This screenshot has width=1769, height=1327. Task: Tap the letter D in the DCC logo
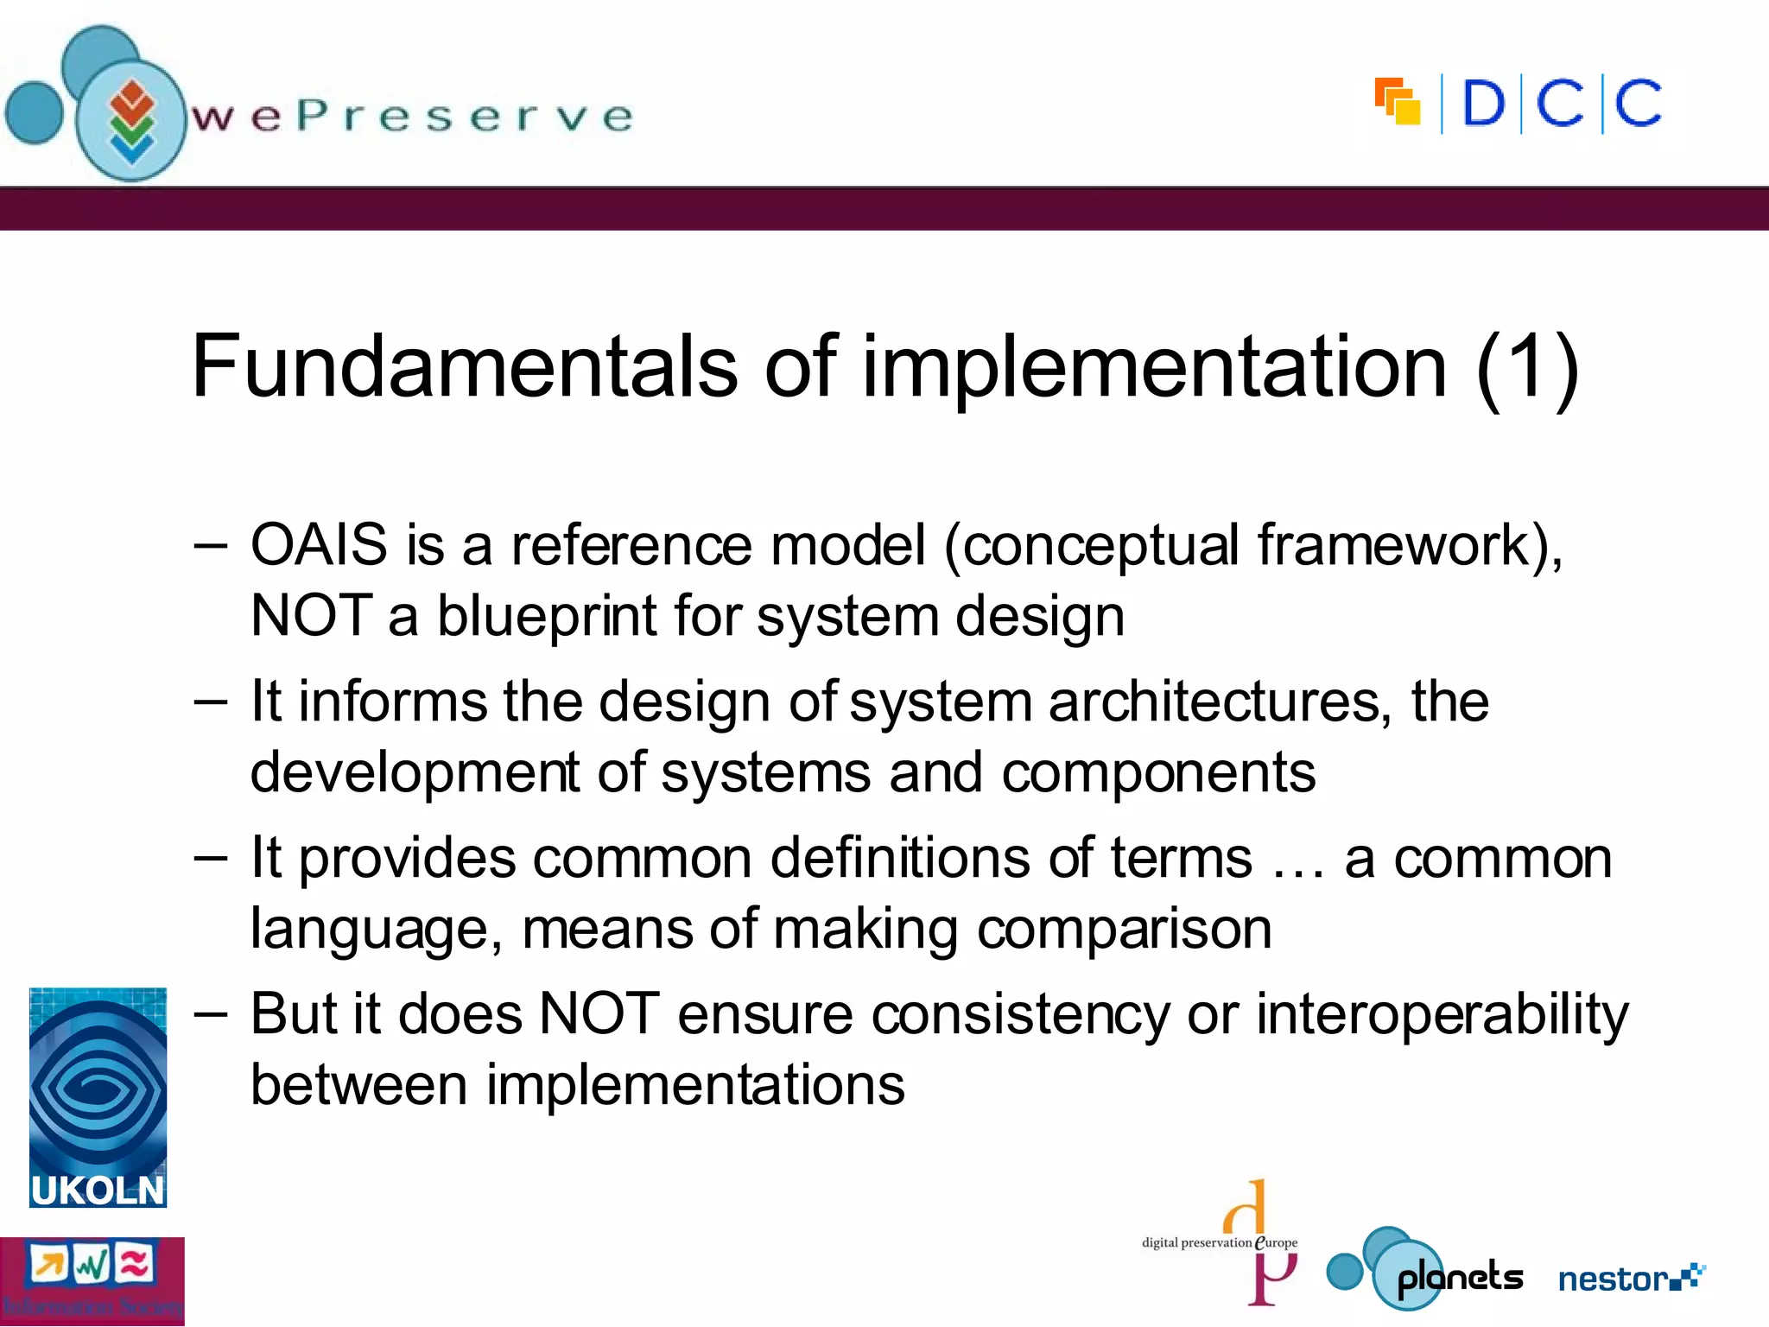click(x=1483, y=105)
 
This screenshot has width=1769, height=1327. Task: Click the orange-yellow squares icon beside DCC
click(x=1397, y=102)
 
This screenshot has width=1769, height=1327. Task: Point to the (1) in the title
click(x=1527, y=367)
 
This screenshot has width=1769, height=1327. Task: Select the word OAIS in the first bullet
click(x=319, y=546)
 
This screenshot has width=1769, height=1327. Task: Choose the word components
click(x=1158, y=772)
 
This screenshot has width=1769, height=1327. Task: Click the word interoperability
click(x=1442, y=1014)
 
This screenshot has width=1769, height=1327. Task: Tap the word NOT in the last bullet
click(x=599, y=1014)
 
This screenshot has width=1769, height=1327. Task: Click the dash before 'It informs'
click(x=211, y=702)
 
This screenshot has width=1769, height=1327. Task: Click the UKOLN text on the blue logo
click(x=98, y=1190)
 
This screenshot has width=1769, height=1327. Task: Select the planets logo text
click(x=1460, y=1278)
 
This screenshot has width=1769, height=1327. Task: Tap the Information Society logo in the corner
click(x=92, y=1281)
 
